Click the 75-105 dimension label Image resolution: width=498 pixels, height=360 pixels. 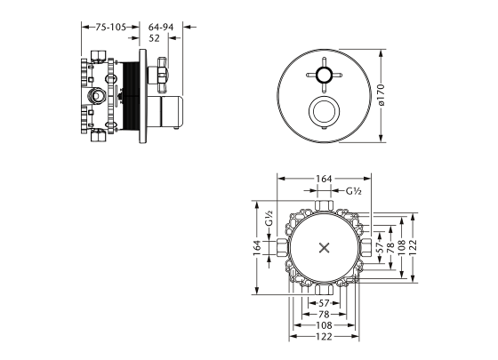coord(111,28)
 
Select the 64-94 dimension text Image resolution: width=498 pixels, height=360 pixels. coord(161,28)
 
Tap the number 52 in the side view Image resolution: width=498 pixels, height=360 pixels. coord(155,38)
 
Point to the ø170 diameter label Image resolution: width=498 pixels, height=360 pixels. coord(382,95)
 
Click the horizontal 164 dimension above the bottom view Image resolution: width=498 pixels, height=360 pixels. coord(324,179)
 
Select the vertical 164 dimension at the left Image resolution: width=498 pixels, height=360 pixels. coord(257,248)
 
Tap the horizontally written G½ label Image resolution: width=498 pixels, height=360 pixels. coord(354,191)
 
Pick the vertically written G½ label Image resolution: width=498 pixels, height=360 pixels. coord(269,218)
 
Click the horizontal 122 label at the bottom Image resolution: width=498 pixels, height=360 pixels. coord(324,336)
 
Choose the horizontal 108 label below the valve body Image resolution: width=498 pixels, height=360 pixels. coord(324,325)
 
